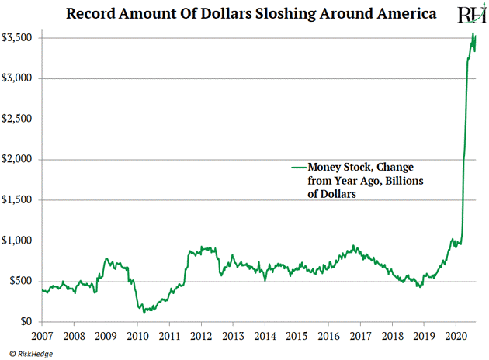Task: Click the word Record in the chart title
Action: tap(92, 14)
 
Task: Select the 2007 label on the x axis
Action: tap(42, 336)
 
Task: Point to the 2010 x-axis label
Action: tap(137, 336)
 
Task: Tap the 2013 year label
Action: tap(233, 336)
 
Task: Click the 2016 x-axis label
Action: tap(328, 336)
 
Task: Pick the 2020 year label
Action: tap(456, 336)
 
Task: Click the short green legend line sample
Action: tap(298, 167)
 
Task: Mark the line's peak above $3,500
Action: tap(473, 34)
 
